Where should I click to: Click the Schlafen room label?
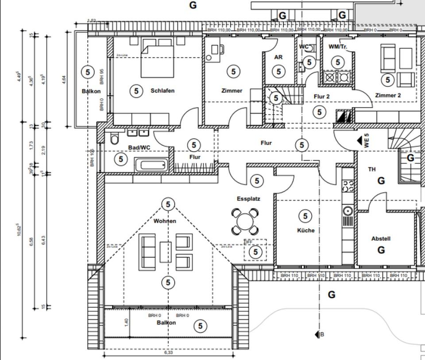point(162,91)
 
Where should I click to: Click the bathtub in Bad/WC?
point(151,166)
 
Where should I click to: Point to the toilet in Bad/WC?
point(115,140)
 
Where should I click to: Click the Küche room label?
point(306,230)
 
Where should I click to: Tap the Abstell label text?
point(381,239)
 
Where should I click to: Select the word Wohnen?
point(165,221)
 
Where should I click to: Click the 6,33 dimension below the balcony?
point(168,353)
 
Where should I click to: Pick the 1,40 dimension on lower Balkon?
point(126,322)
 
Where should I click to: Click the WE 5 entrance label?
point(367,141)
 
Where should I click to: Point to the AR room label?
point(278,58)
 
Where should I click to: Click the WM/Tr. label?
point(338,46)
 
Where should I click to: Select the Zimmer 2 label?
point(388,95)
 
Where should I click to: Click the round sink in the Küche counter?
point(348,210)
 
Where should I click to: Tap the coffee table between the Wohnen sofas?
point(166,252)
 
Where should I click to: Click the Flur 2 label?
point(321,96)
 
